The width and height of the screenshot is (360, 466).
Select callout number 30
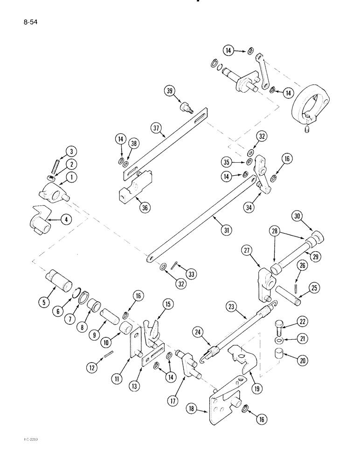coord(298,216)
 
